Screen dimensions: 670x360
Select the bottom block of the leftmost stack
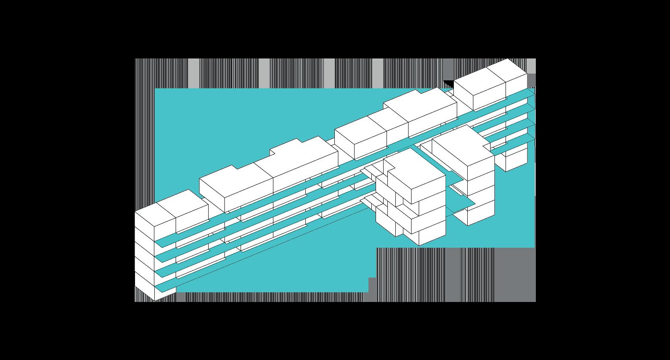145,293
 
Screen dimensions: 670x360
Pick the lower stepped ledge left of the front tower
370,202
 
